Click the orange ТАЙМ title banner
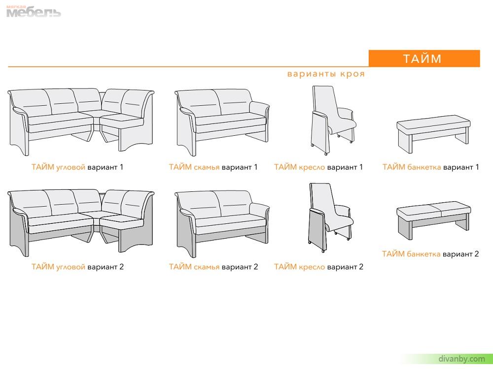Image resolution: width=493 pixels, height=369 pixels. click(424, 59)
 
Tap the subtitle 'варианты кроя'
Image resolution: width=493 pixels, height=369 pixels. click(326, 74)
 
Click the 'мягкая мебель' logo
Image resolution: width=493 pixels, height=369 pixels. click(34, 11)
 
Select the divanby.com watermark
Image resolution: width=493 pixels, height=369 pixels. click(461, 359)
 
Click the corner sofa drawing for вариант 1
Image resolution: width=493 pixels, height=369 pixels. click(81, 122)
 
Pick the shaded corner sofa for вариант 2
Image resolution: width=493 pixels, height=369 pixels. click(81, 223)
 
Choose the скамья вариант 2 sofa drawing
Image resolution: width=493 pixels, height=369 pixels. click(222, 224)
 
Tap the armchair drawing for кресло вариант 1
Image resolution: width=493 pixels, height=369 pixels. click(334, 120)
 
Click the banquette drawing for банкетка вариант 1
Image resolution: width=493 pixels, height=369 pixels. click(433, 134)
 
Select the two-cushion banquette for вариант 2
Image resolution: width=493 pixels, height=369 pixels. click(433, 220)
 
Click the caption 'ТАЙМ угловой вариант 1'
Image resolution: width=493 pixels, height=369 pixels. click(77, 167)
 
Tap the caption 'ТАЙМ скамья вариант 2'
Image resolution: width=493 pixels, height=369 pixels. click(213, 267)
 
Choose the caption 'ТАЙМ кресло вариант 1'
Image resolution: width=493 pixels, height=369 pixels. click(318, 167)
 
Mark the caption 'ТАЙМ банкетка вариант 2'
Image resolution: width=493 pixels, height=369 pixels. click(430, 254)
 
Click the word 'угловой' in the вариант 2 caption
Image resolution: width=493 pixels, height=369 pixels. click(70, 267)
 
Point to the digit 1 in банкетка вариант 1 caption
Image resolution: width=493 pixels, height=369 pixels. click(477, 167)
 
